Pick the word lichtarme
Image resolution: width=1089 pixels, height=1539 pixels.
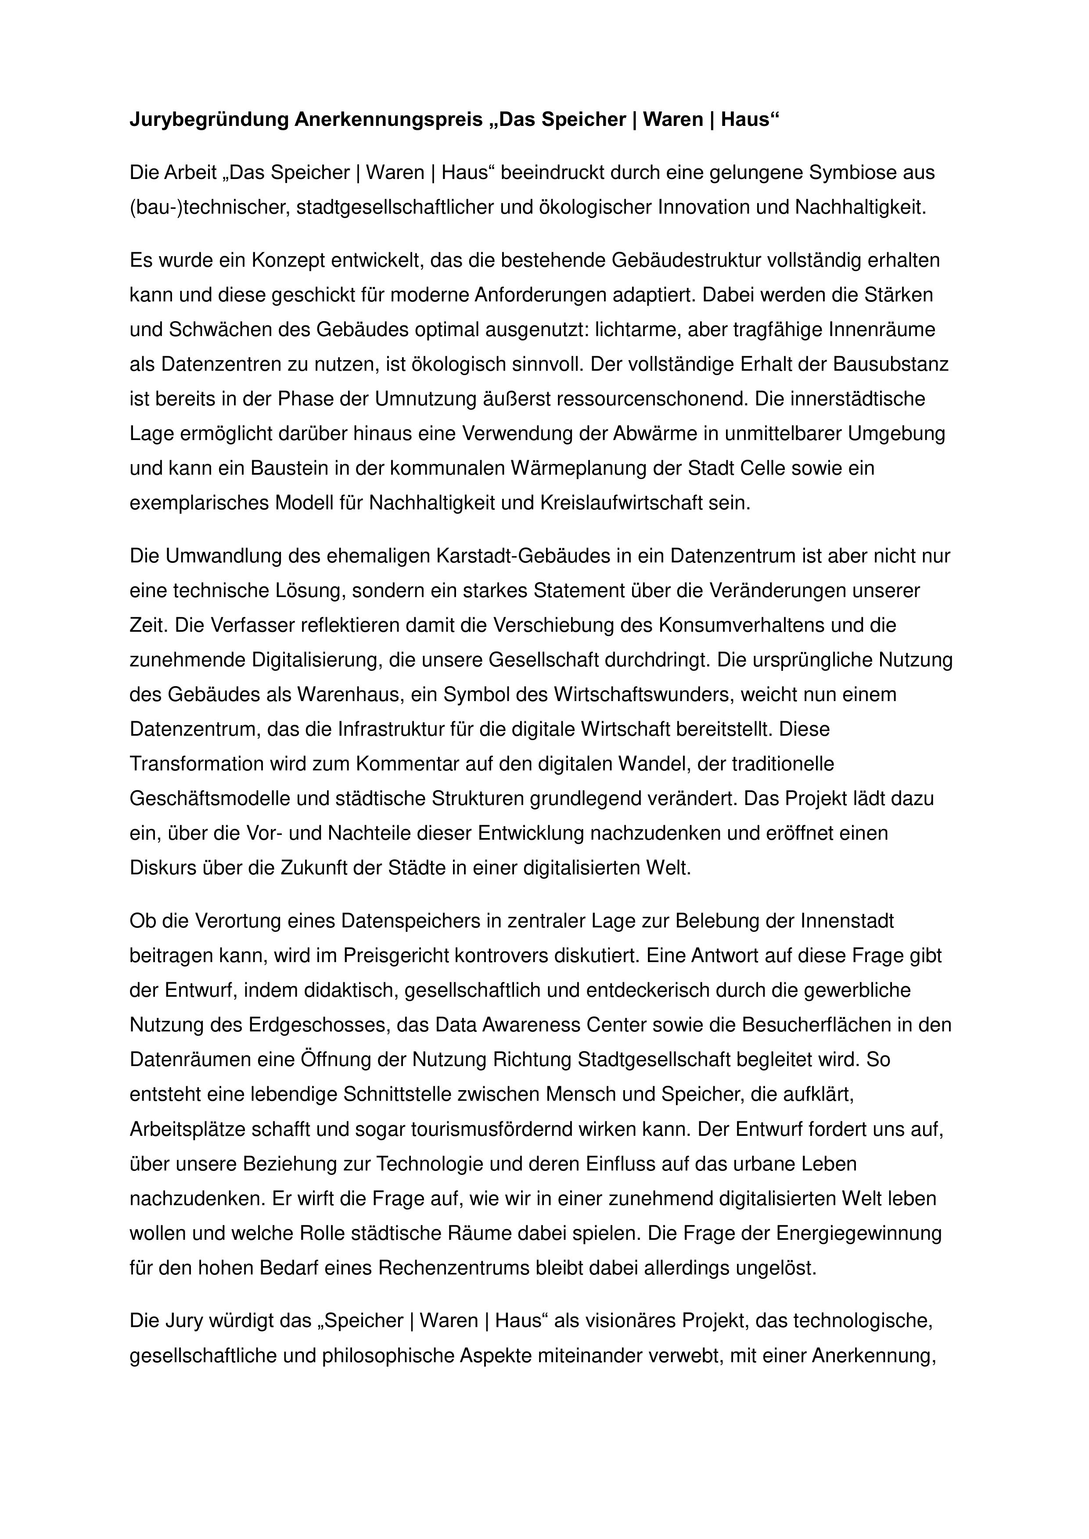[x=636, y=330]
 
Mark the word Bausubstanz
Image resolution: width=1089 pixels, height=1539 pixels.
[x=891, y=365]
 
